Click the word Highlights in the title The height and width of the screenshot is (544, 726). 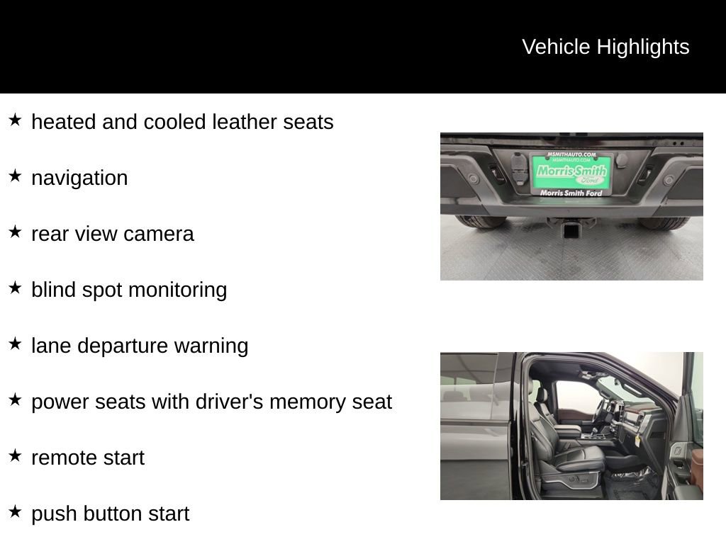(642, 47)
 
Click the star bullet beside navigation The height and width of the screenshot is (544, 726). (15, 176)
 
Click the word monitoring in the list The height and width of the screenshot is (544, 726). (178, 290)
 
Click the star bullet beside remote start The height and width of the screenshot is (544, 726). (15, 455)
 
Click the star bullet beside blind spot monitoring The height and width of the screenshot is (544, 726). (15, 288)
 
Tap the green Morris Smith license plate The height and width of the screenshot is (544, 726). (571, 173)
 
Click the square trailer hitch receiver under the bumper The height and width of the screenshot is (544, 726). (571, 229)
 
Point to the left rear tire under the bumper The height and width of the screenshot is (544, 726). (480, 222)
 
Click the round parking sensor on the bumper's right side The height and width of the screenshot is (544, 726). (668, 179)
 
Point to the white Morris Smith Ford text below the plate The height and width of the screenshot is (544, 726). (571, 193)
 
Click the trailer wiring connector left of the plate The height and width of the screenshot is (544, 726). (518, 169)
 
